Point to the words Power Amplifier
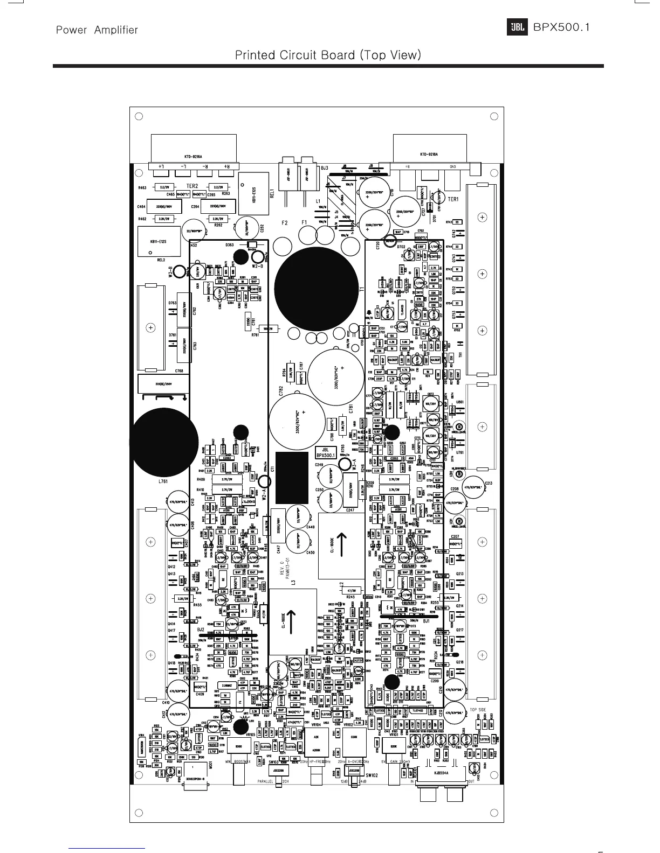click(97, 30)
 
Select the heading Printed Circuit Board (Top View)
click(328, 55)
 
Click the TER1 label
click(452, 199)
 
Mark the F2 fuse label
click(285, 222)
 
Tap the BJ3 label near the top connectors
click(324, 169)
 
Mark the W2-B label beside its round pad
click(257, 265)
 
